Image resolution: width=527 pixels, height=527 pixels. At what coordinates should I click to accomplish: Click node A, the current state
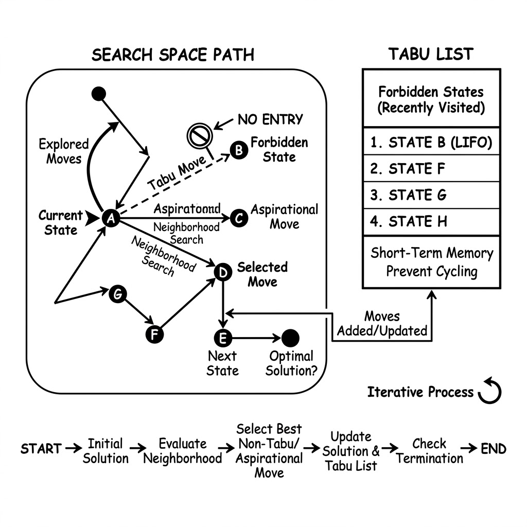coord(111,218)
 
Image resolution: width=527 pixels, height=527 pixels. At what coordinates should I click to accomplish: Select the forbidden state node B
coord(239,150)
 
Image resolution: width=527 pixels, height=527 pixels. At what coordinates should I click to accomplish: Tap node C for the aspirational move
coord(239,218)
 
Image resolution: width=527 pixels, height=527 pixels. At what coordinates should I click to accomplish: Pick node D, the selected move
coord(223,272)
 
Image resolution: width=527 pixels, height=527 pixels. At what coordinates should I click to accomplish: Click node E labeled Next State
coord(223,338)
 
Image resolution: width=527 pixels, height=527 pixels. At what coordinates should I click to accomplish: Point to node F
coord(154,335)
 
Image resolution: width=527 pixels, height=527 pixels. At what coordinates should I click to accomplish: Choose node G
coord(118,294)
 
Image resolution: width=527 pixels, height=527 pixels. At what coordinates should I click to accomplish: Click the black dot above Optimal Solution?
coord(290,338)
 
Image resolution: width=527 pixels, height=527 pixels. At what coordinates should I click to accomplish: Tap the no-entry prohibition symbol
coord(200,136)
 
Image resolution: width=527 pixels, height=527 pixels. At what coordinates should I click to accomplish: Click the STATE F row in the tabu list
coord(432,168)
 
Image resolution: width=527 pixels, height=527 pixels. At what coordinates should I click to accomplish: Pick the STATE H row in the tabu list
coord(432,222)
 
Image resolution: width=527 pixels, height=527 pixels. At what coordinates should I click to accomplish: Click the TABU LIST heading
coord(431,54)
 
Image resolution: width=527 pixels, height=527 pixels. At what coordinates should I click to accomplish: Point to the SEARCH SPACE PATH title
coord(173,55)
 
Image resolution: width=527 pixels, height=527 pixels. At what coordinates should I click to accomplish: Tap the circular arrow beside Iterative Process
coord(490,391)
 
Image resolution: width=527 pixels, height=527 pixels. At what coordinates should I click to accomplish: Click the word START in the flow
coord(41,449)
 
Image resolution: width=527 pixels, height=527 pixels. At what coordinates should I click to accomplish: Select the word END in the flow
coord(494,449)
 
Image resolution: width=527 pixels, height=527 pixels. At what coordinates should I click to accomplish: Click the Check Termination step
coord(429,451)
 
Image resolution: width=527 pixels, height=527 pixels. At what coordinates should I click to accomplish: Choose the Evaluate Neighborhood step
coord(183,451)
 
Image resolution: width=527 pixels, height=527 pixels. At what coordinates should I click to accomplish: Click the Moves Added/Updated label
coord(382,323)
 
